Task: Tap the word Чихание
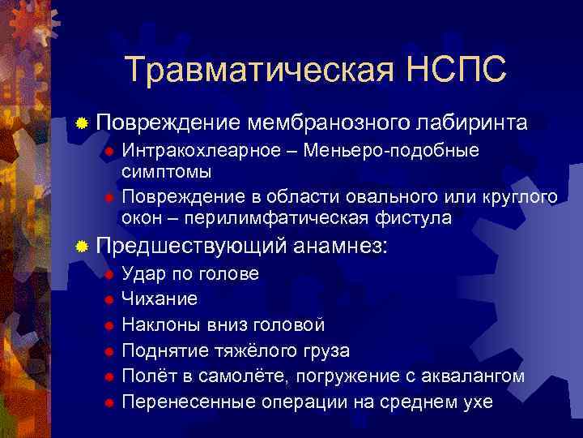pos(160,299)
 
